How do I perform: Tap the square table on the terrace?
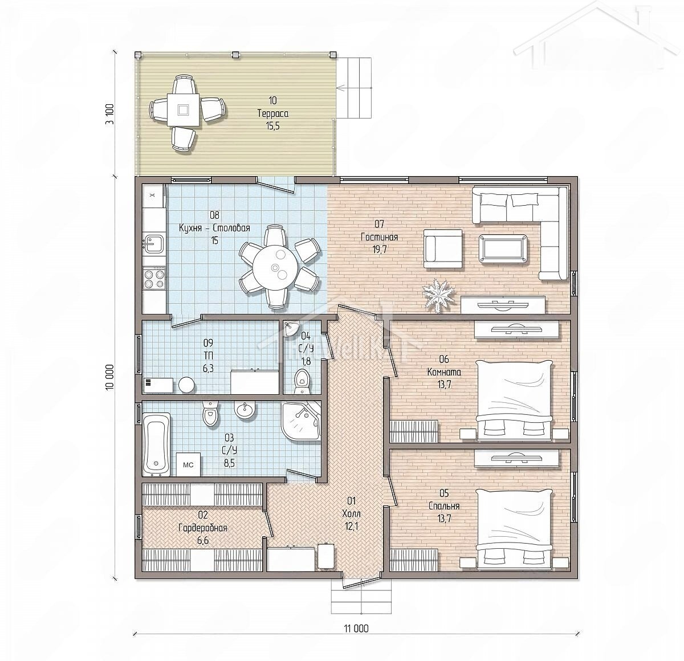(183, 109)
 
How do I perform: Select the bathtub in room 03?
(157, 444)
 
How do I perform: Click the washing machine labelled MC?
(189, 464)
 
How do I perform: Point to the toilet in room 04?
(302, 381)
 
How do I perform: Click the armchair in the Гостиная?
(443, 249)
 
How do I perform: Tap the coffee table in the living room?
(503, 249)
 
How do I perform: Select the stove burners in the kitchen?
(154, 278)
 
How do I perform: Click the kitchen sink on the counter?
(153, 243)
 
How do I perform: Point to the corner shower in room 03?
(302, 421)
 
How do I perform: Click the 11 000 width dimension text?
(357, 628)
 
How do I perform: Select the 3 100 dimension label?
(111, 113)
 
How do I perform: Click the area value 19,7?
(379, 250)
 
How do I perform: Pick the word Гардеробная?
(203, 528)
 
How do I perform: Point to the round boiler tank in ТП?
(186, 385)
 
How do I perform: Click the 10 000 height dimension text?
(111, 377)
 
